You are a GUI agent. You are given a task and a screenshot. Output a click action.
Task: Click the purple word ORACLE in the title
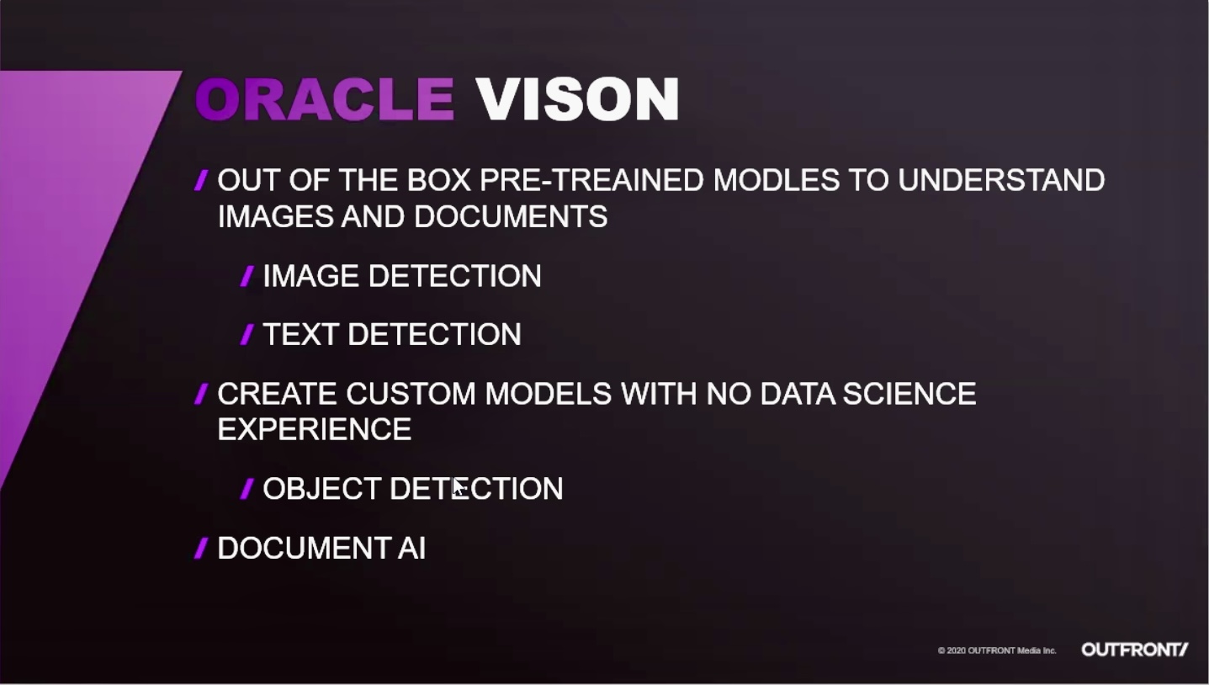(325, 99)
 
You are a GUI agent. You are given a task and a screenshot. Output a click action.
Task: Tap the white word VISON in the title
(577, 99)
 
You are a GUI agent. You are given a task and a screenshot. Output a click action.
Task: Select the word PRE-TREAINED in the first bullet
(591, 180)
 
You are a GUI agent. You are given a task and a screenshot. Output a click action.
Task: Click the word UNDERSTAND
(1001, 180)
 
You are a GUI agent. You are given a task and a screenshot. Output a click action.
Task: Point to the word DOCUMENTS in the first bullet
(511, 216)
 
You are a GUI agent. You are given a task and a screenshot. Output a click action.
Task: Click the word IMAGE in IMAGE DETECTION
(311, 276)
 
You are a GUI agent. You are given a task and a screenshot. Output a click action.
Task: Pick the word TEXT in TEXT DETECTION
(300, 334)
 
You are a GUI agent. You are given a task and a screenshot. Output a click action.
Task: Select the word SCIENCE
(909, 394)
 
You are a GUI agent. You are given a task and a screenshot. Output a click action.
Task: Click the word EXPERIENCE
(315, 430)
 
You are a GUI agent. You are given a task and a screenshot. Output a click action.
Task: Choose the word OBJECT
(322, 489)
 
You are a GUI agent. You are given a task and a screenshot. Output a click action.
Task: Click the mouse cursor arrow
(459, 488)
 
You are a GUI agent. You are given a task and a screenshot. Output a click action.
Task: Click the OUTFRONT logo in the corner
(1134, 650)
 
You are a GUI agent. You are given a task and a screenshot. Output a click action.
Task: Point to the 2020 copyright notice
(997, 650)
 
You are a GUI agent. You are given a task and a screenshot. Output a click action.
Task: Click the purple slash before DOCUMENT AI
(201, 549)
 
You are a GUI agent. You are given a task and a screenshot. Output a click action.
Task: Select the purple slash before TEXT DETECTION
(247, 335)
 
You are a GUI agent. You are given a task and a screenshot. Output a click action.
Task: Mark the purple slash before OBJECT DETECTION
(247, 489)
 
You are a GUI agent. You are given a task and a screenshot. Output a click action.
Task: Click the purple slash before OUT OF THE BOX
(201, 180)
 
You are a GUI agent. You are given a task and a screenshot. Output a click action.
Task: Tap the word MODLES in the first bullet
(777, 180)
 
